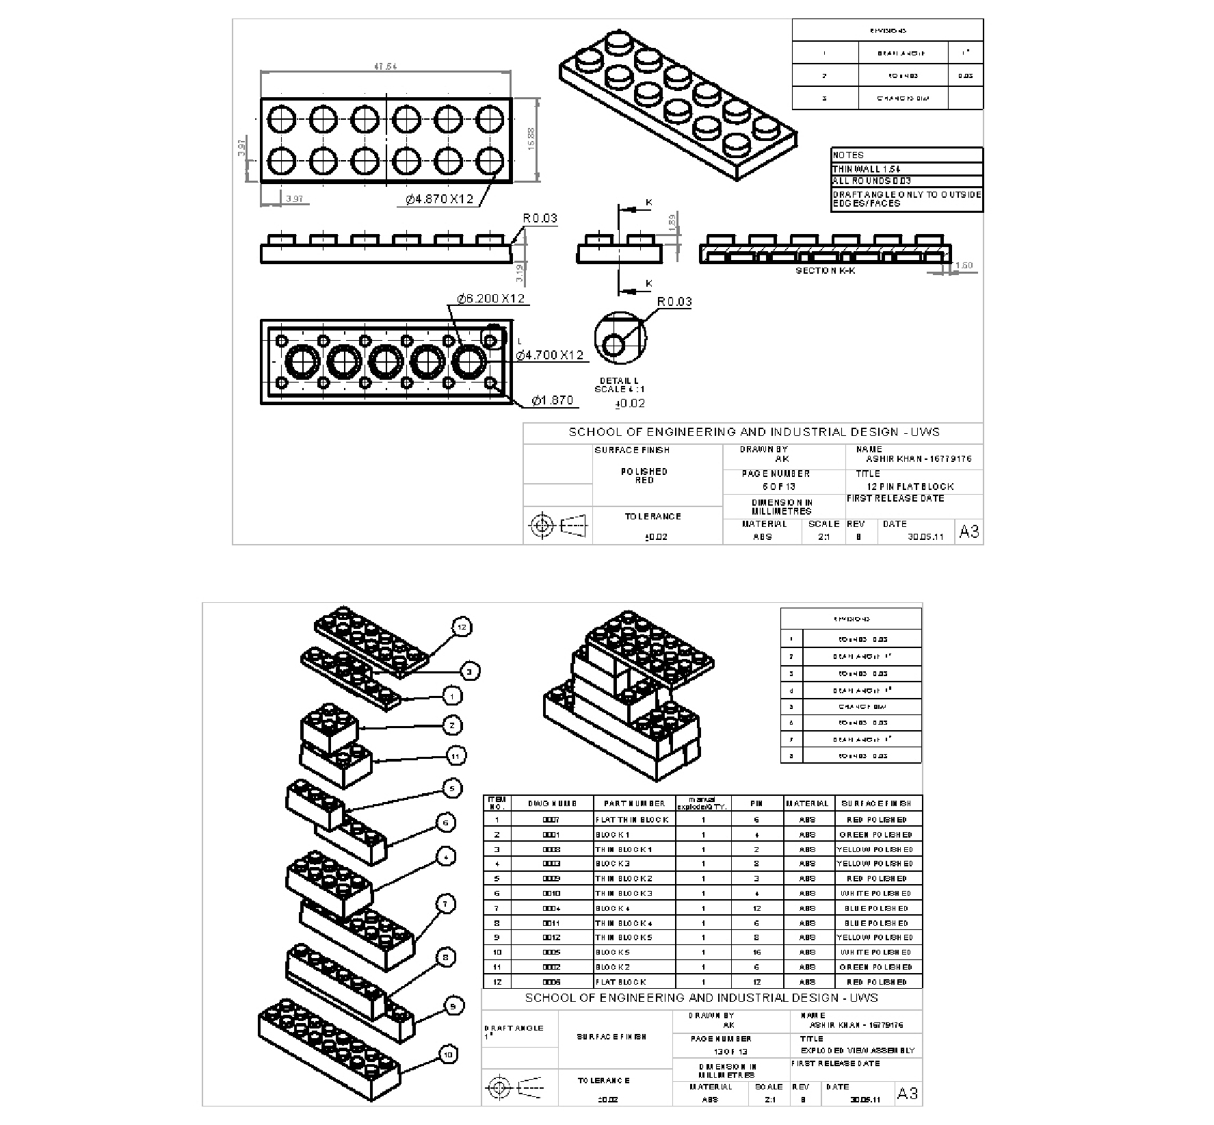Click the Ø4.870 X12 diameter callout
pos(439,199)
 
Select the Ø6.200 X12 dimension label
pos(490,298)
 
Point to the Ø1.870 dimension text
pos(552,400)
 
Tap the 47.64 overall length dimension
pos(385,67)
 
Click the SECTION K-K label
pos(826,271)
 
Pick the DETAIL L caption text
pos(619,381)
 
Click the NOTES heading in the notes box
pos(848,155)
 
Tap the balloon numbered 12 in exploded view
pos(462,627)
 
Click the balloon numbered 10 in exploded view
pos(448,1055)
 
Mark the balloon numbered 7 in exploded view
pos(445,904)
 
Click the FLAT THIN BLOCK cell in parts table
pos(632,820)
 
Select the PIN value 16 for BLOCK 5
pos(756,953)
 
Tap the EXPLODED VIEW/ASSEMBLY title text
pos(867,1050)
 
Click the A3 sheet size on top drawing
pos(968,532)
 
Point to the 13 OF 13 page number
pos(730,1051)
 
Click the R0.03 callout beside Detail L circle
pos(674,302)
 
